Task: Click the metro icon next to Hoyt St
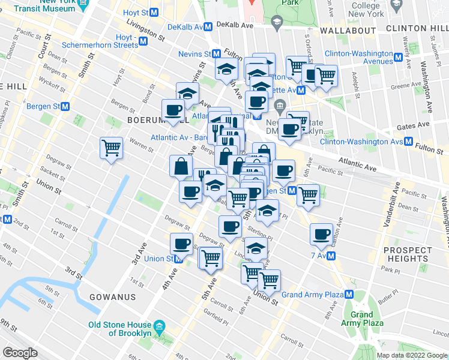click(154, 12)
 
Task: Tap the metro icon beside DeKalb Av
click(208, 26)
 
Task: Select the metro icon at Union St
click(178, 259)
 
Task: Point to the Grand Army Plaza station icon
click(349, 295)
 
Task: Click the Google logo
click(20, 353)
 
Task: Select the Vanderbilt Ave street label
click(391, 203)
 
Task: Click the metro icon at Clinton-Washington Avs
click(408, 142)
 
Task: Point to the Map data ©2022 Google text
click(411, 355)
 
